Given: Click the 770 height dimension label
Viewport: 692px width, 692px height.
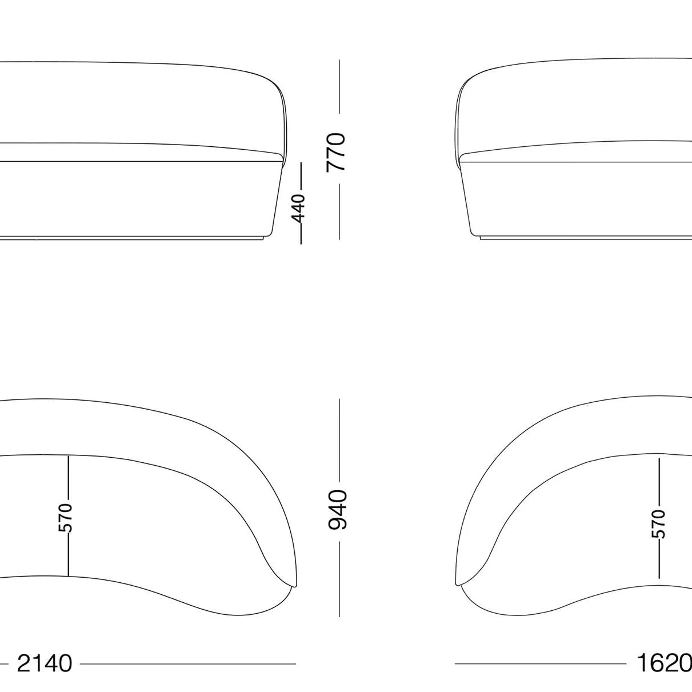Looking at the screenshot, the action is (x=336, y=152).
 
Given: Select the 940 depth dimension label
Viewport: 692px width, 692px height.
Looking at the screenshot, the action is (x=338, y=510).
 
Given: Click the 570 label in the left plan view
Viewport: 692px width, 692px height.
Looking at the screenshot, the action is (x=66, y=518).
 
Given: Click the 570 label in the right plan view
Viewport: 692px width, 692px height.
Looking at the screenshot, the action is (x=658, y=523).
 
